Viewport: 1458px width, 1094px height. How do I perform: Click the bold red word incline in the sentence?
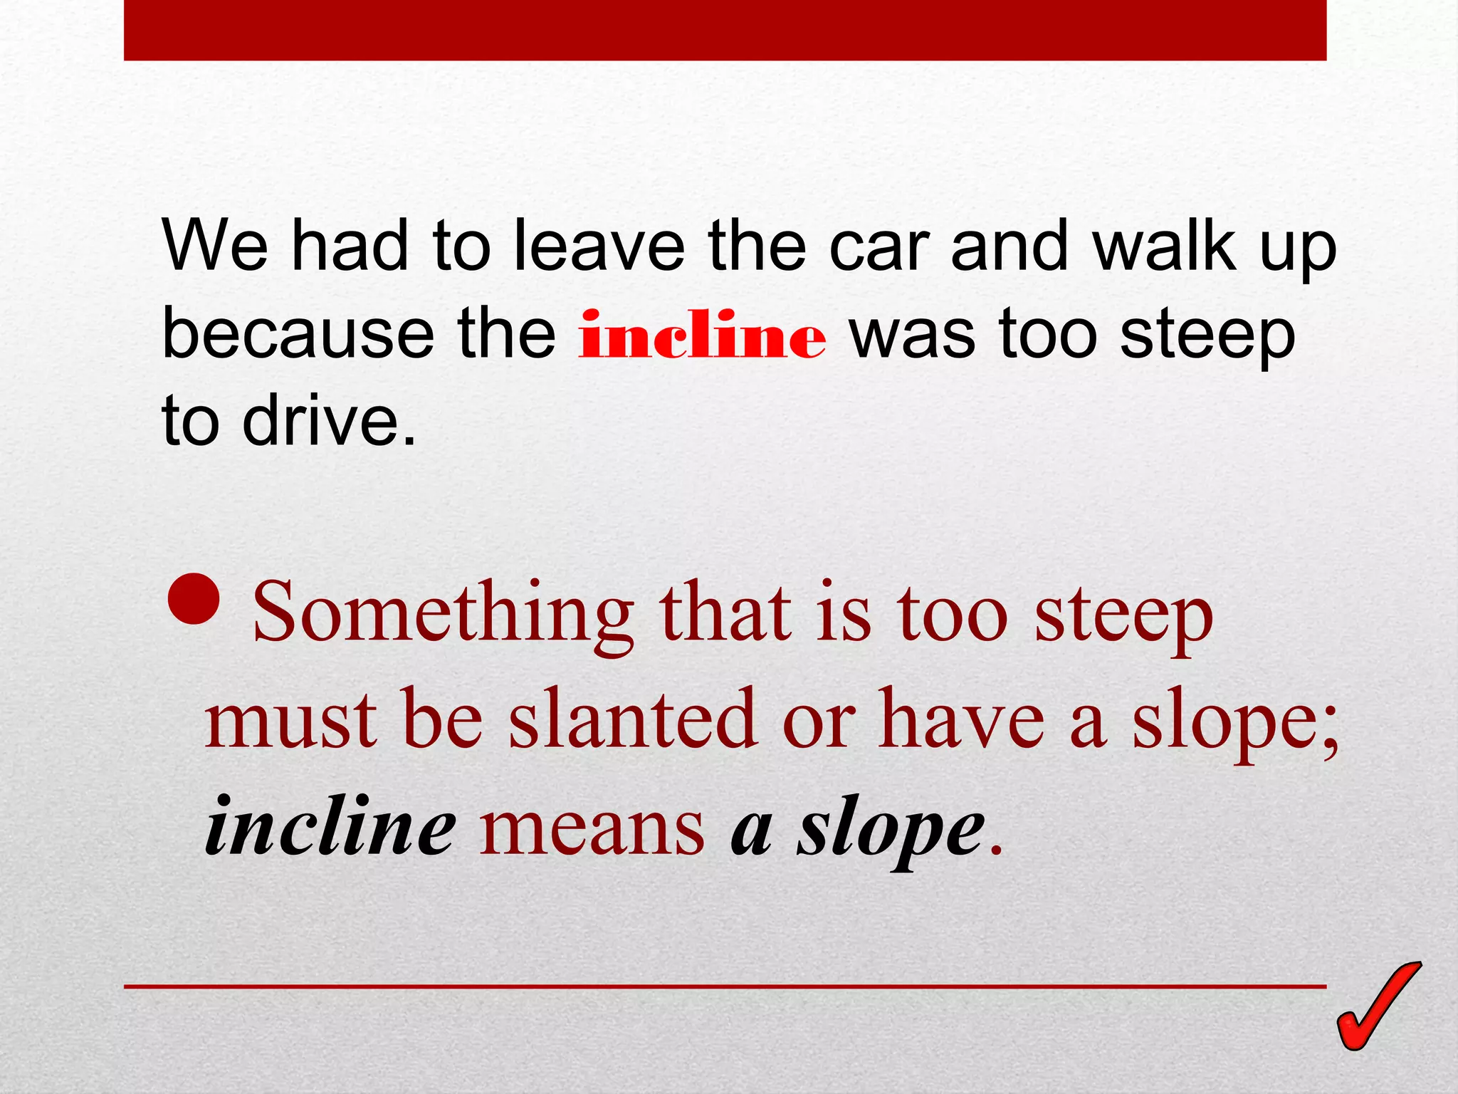702,335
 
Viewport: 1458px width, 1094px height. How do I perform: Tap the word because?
298,335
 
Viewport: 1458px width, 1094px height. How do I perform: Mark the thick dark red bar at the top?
725,30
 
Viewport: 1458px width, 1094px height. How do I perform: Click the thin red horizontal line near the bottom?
725,986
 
